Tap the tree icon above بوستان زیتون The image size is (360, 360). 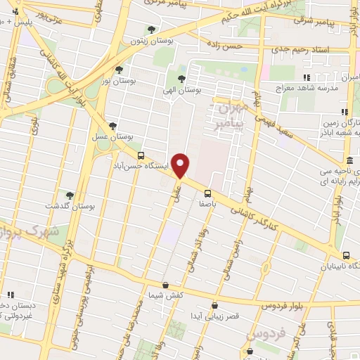click(x=151, y=29)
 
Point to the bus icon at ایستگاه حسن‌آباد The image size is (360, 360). click(x=141, y=155)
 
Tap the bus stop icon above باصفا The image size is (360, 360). click(x=207, y=193)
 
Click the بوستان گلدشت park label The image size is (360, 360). click(x=70, y=206)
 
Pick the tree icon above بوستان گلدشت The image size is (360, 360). click(x=69, y=195)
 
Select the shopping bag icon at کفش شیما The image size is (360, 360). click(x=165, y=285)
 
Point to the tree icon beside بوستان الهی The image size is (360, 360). click(x=182, y=79)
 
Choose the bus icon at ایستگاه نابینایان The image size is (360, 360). click(x=345, y=256)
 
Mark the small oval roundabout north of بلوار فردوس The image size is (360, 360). click(x=266, y=267)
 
